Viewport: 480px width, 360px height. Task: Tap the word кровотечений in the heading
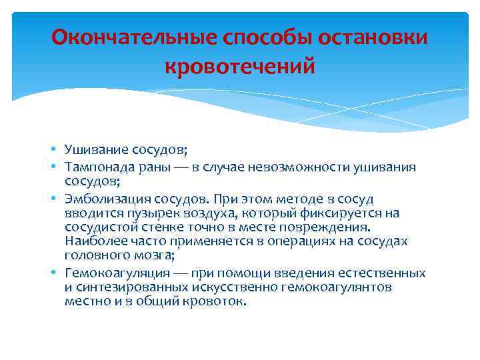(x=239, y=67)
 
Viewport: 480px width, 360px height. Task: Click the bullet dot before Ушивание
(x=57, y=148)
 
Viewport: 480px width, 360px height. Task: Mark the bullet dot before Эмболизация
(x=57, y=199)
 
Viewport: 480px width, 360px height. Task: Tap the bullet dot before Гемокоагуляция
(x=57, y=274)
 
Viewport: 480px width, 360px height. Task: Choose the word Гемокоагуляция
(x=105, y=274)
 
